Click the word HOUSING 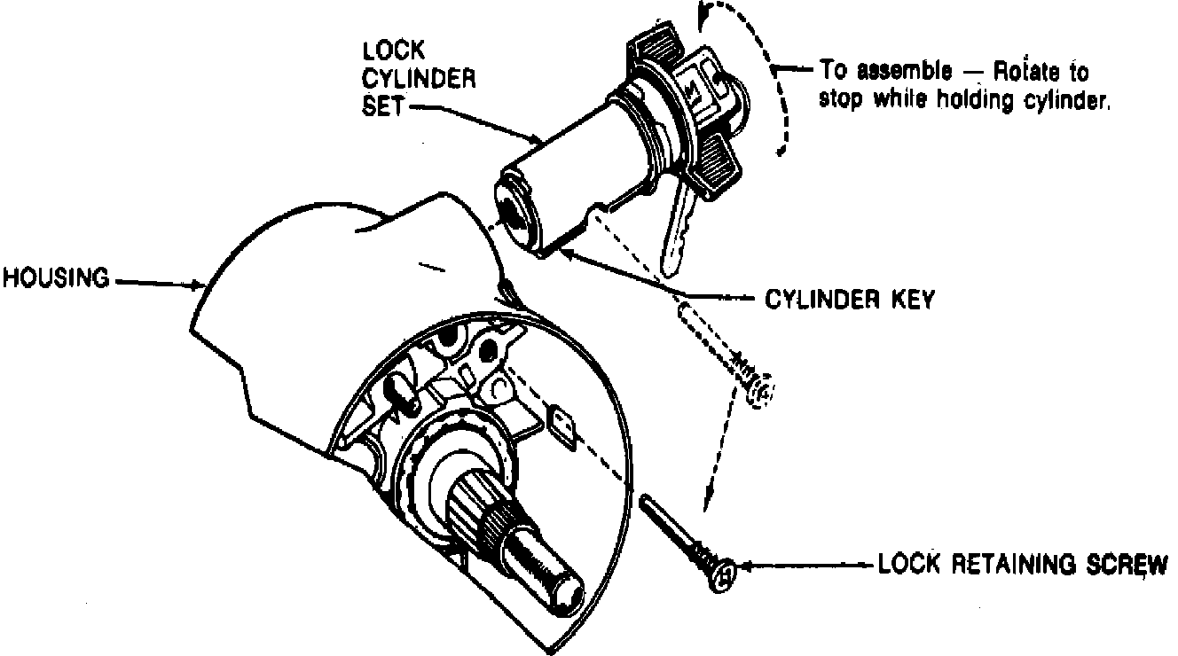55,279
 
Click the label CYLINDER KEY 849,300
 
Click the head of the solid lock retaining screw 724,574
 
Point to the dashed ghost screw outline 727,355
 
